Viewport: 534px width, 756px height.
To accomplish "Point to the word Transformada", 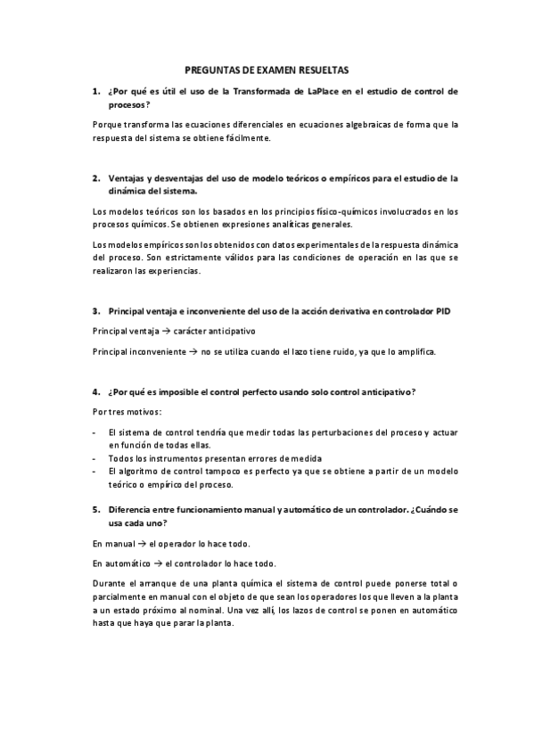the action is click(x=261, y=91).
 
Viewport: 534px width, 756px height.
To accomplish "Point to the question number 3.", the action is click(x=95, y=311).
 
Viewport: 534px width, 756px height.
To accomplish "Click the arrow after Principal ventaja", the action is click(x=153, y=330).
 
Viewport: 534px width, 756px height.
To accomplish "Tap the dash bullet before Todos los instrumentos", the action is click(x=95, y=458).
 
